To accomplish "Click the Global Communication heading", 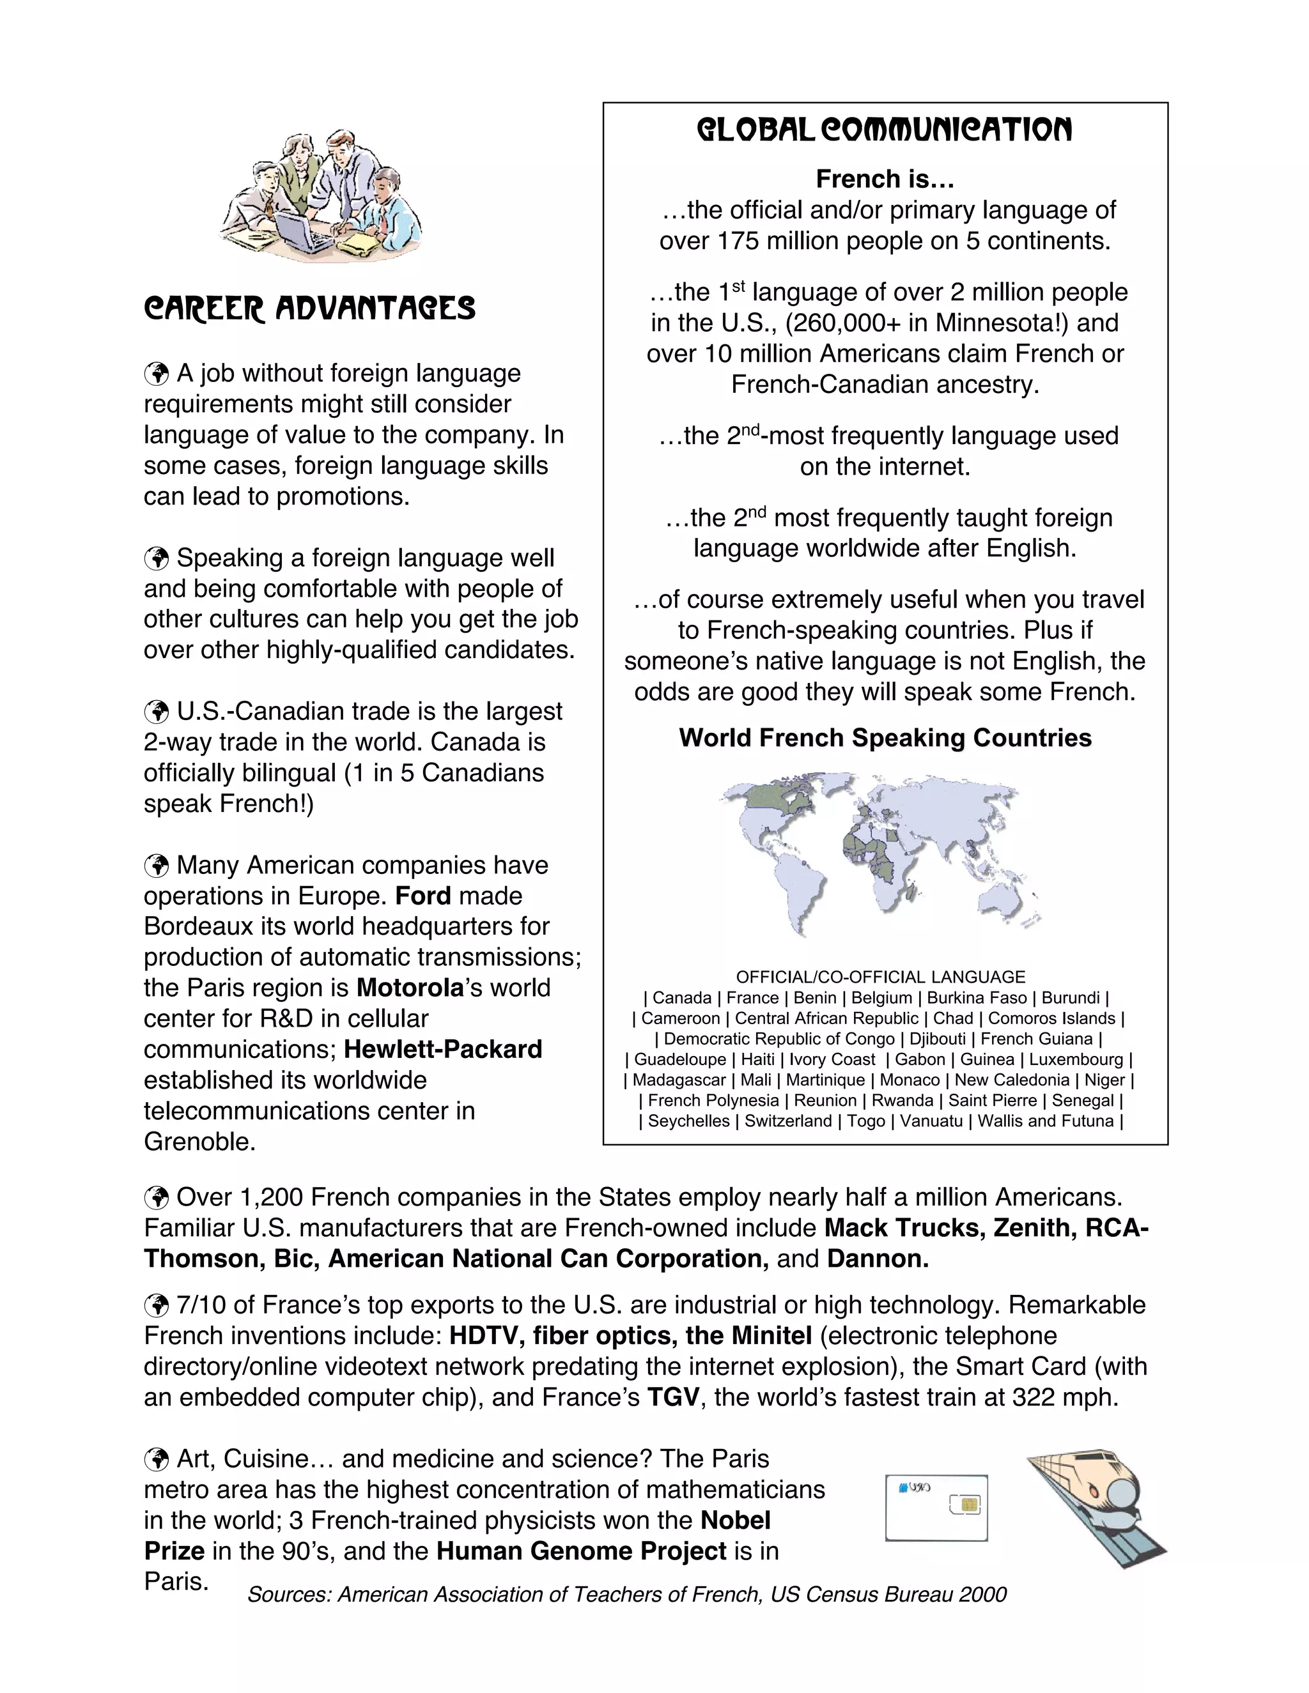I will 884,130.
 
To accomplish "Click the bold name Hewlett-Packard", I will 443,1049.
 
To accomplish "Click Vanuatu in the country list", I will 931,1121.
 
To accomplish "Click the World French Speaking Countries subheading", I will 885,737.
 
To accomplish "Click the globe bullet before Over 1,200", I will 157,1198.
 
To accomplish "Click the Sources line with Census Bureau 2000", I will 626,1594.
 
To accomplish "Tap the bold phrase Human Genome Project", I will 581,1551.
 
